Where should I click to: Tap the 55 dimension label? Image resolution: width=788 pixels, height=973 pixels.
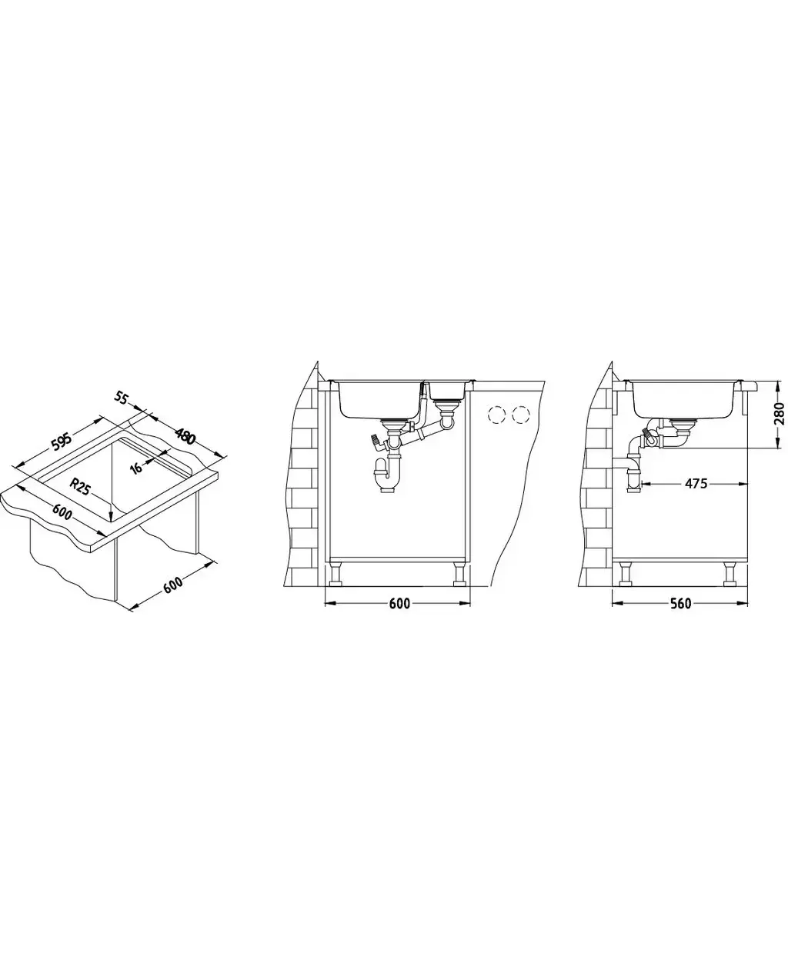pyautogui.click(x=120, y=398)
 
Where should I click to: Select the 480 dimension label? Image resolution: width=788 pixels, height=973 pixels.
pyautogui.click(x=185, y=436)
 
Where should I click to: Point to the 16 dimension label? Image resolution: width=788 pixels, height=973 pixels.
pyautogui.click(x=136, y=468)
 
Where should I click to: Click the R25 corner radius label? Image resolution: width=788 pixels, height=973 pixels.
pyautogui.click(x=80, y=486)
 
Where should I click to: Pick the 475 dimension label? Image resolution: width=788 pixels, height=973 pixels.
pyautogui.click(x=696, y=483)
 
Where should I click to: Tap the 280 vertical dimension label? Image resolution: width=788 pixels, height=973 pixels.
pyautogui.click(x=779, y=413)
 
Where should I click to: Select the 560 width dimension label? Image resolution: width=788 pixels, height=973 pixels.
pyautogui.click(x=680, y=604)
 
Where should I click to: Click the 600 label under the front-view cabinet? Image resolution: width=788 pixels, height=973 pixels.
pyautogui.click(x=399, y=604)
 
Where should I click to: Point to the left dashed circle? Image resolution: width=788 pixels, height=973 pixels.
pyautogui.click(x=496, y=415)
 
